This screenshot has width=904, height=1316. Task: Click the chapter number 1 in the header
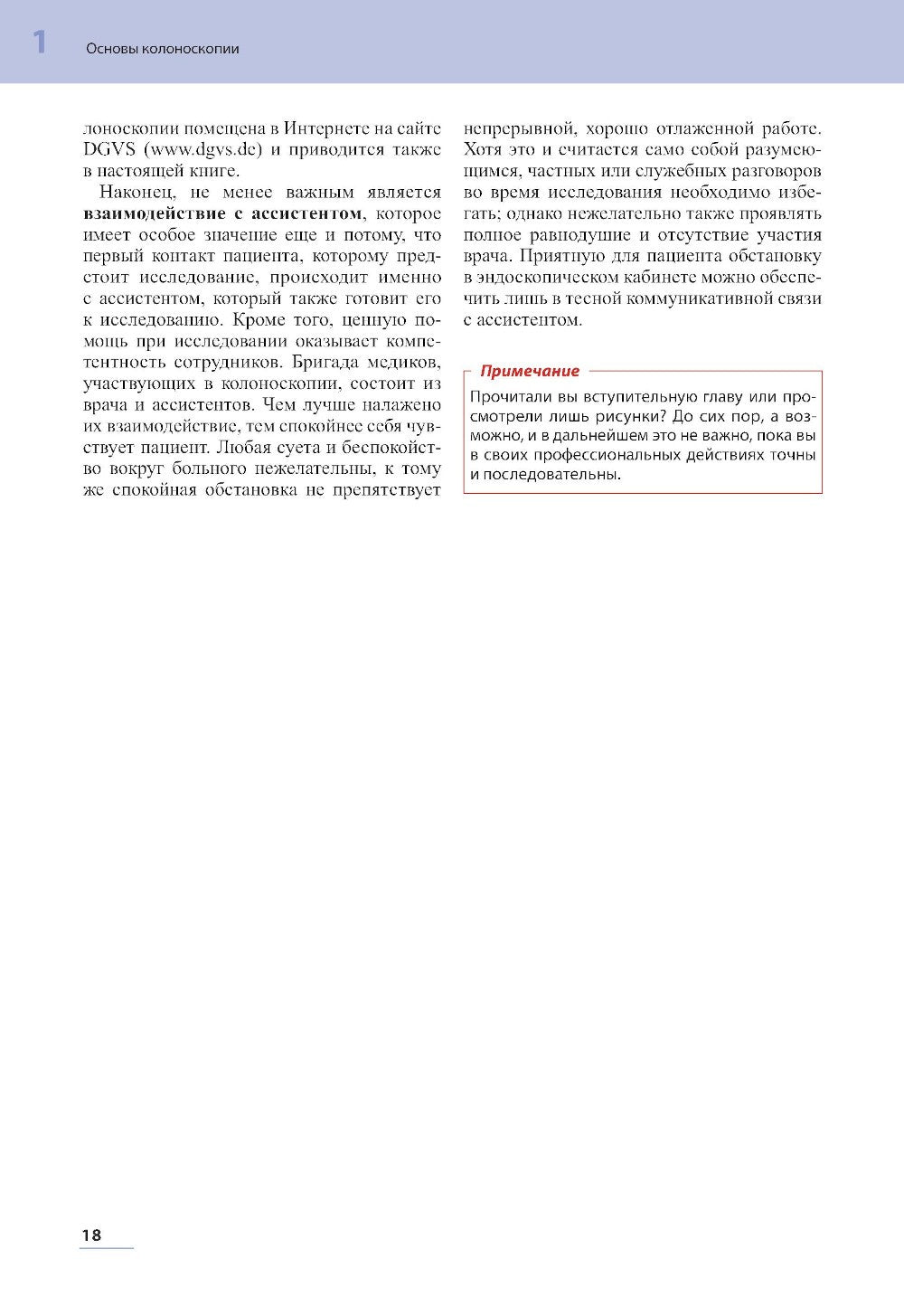pyautogui.click(x=39, y=43)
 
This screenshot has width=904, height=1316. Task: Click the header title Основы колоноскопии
pyautogui.click(x=163, y=49)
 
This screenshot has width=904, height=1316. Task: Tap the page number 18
pyautogui.click(x=91, y=1235)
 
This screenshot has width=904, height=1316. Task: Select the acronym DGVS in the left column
pyautogui.click(x=109, y=149)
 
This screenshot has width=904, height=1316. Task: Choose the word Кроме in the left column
pyautogui.click(x=259, y=320)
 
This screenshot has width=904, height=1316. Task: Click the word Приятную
pyautogui.click(x=562, y=256)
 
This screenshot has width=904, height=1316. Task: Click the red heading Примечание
pyautogui.click(x=530, y=371)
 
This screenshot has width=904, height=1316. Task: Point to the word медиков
pyautogui.click(x=400, y=363)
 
